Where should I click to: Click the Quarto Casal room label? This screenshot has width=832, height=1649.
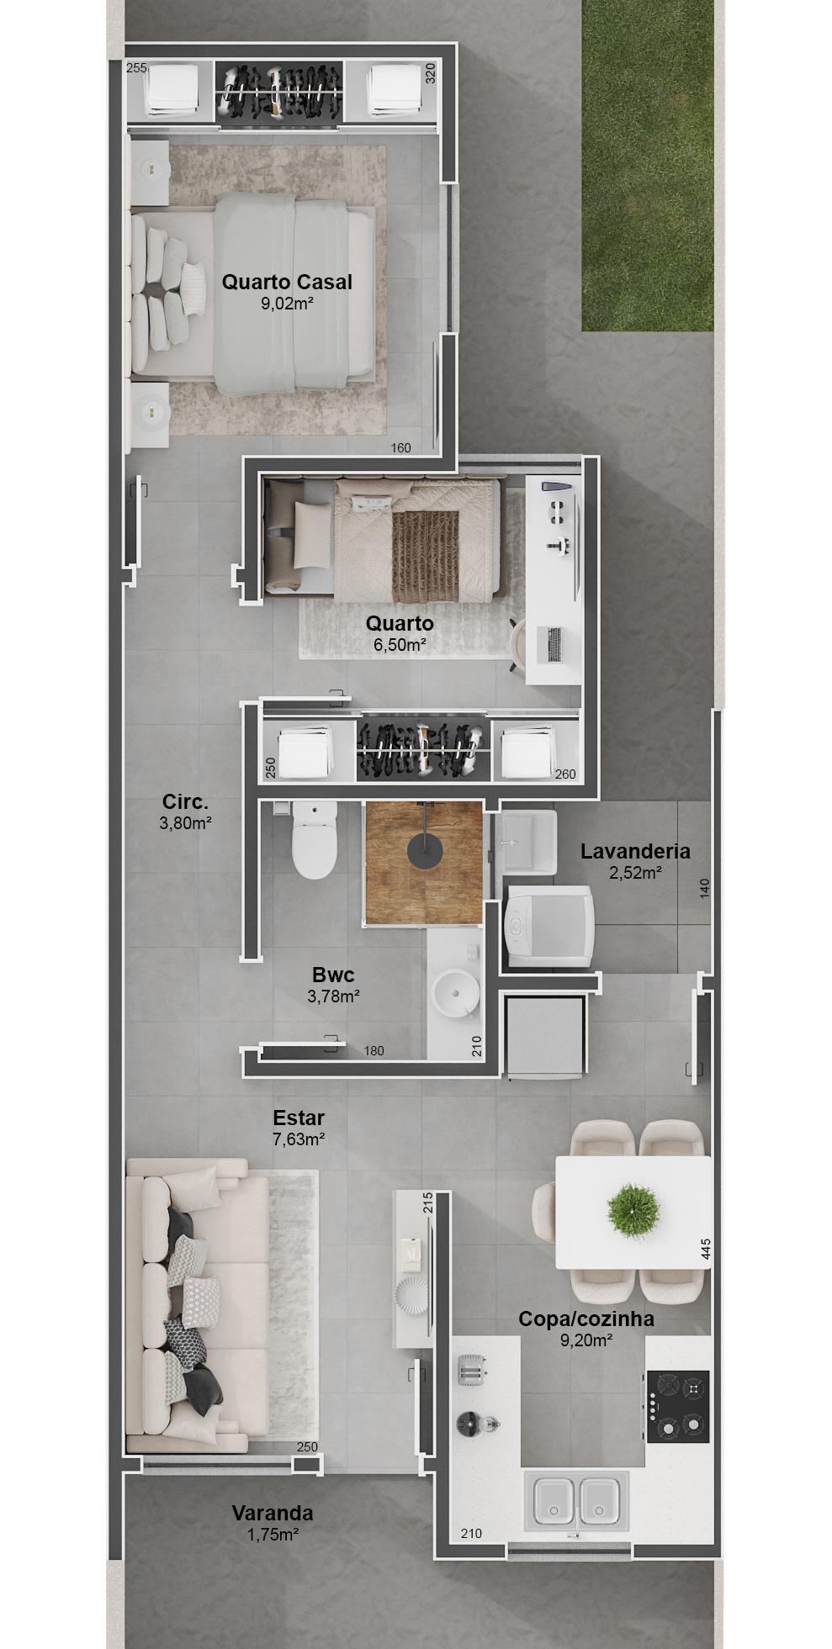(287, 283)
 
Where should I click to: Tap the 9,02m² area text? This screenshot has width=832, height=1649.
(287, 304)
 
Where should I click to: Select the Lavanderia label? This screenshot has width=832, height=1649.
(635, 851)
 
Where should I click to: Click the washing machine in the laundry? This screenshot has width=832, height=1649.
(550, 926)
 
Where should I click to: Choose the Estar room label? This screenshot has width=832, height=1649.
(299, 1118)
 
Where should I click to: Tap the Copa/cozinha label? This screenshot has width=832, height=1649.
(586, 1319)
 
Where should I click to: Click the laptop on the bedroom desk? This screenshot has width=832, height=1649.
(554, 644)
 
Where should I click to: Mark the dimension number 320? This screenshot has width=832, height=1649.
(431, 73)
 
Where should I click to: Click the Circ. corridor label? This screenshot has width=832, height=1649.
(185, 802)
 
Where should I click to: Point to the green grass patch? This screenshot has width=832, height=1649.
(647, 168)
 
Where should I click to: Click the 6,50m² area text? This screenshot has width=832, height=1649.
(400, 645)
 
